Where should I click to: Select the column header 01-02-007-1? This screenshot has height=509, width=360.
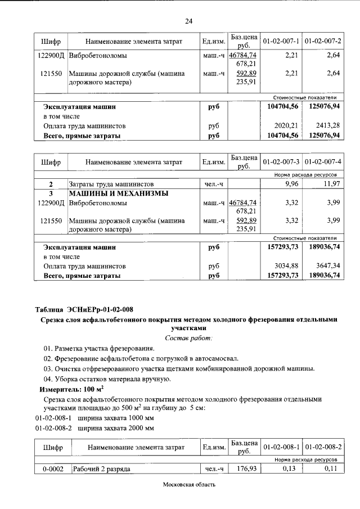pyautogui.click(x=281, y=42)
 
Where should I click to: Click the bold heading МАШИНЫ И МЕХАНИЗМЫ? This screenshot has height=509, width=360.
pyautogui.click(x=107, y=193)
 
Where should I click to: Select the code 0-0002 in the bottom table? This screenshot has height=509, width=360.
pyautogui.click(x=51, y=469)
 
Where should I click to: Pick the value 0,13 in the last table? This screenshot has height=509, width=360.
pyautogui.click(x=289, y=469)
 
